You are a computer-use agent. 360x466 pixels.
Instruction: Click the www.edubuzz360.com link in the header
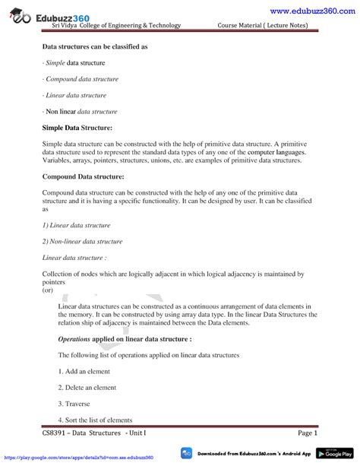[x=312, y=9]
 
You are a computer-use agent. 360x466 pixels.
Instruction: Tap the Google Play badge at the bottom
[x=333, y=452]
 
